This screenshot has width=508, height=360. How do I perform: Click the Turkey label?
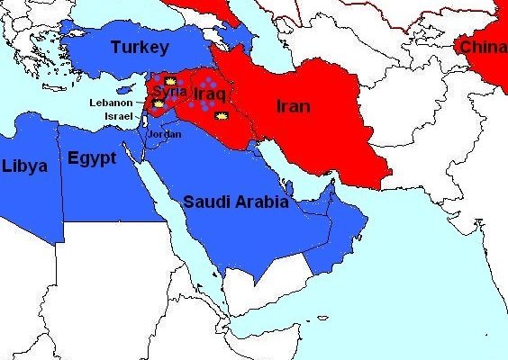click(x=140, y=47)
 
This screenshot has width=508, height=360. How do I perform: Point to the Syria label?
click(x=170, y=91)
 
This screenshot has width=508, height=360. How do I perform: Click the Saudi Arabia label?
click(x=236, y=202)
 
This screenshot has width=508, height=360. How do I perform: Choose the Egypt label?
click(x=92, y=158)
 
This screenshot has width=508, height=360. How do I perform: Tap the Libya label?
click(x=24, y=166)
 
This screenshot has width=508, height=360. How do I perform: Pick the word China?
click(x=484, y=47)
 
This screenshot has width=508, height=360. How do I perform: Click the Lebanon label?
click(x=111, y=103)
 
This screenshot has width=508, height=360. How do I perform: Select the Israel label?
click(x=118, y=116)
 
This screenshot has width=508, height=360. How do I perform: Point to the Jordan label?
click(x=165, y=134)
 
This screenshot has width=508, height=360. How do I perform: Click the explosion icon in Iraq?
click(x=222, y=116)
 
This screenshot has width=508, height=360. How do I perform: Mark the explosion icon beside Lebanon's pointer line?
click(x=159, y=104)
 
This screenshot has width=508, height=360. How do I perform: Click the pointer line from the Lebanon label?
click(x=141, y=103)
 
